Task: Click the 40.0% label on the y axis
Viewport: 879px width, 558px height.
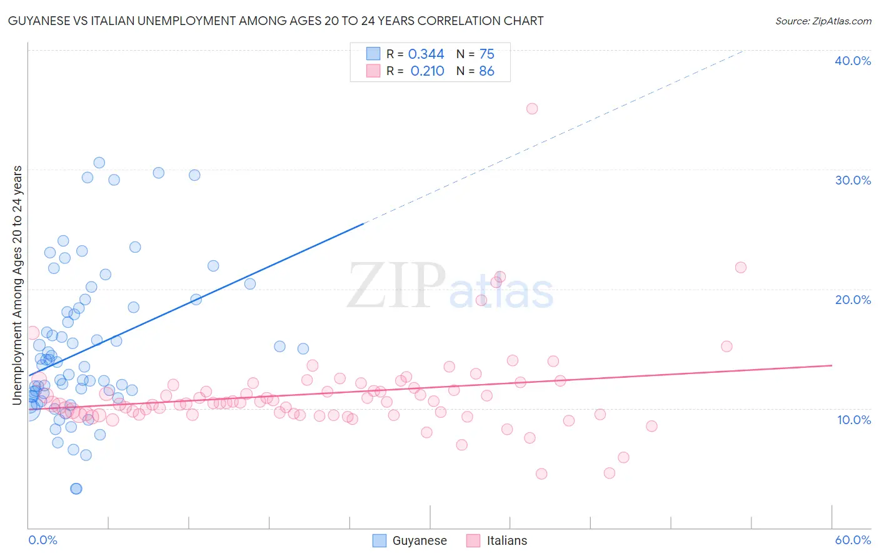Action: [x=853, y=61]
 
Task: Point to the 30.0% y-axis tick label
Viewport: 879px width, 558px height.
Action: [x=853, y=180]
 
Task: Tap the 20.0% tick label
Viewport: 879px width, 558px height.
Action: [x=853, y=300]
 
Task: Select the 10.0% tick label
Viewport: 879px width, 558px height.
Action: [x=854, y=420]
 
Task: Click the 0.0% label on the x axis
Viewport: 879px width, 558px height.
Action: [x=43, y=540]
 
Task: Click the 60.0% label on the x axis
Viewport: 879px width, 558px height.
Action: [x=853, y=540]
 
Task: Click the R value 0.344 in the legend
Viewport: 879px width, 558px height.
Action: [x=426, y=54]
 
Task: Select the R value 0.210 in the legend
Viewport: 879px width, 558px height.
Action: [x=427, y=71]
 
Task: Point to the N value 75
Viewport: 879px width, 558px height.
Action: [x=486, y=54]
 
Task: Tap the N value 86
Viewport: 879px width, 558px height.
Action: [x=486, y=71]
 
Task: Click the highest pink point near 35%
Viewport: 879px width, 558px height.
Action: [x=532, y=109]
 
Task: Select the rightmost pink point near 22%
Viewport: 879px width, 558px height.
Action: [x=741, y=268]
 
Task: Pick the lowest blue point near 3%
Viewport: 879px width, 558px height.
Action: [x=76, y=489]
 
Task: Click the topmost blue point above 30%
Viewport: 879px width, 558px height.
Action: [x=99, y=163]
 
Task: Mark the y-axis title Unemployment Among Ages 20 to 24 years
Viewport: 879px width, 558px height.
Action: [x=18, y=285]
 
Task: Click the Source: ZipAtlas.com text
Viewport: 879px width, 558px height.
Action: [x=823, y=21]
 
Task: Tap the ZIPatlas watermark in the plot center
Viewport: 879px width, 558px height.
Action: [x=450, y=287]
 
